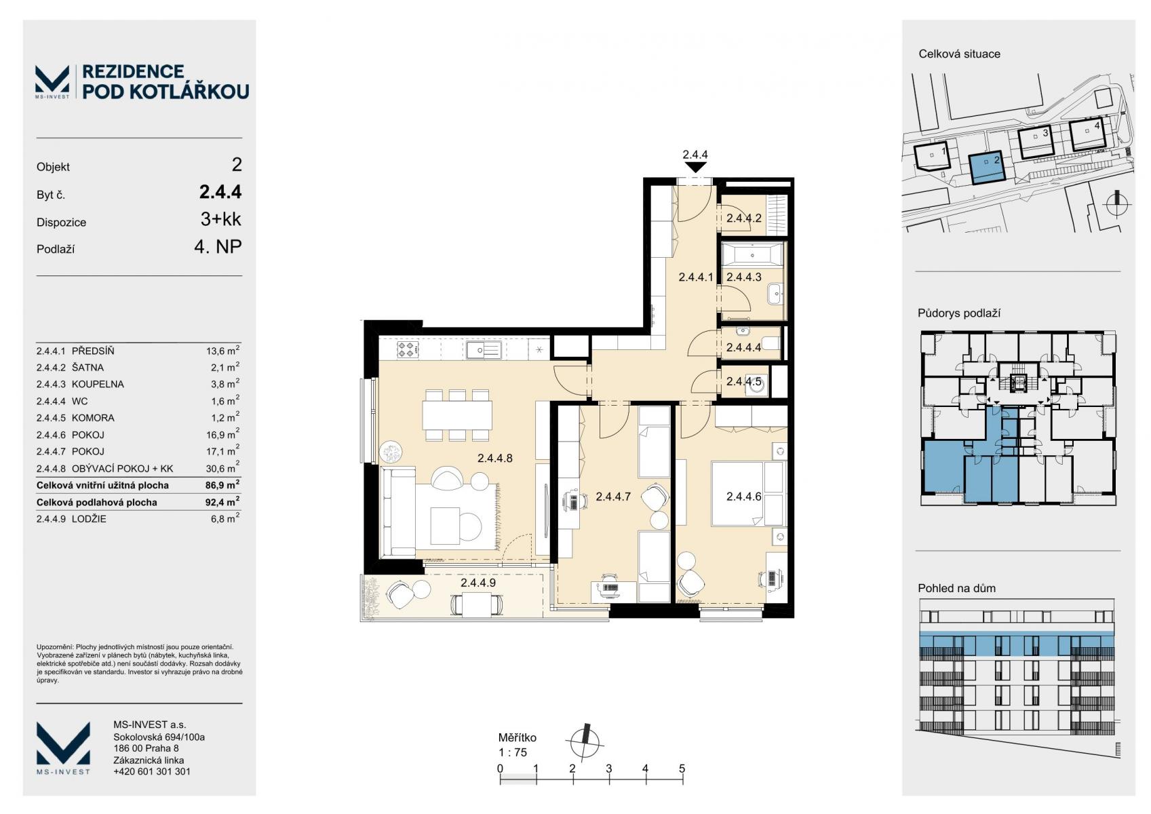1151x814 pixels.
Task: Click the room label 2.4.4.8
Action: pyautogui.click(x=495, y=458)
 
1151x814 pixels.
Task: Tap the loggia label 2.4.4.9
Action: pyautogui.click(x=478, y=582)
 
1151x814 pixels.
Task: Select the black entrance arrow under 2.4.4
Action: pyautogui.click(x=695, y=167)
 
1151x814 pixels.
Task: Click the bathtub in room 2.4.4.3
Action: pyautogui.click(x=753, y=255)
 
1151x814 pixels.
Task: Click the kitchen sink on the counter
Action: pyautogui.click(x=484, y=350)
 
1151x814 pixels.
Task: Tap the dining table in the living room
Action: pyautogui.click(x=457, y=414)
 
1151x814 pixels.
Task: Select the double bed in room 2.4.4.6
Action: pyautogui.click(x=749, y=493)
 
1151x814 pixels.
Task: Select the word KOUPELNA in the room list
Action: pyautogui.click(x=98, y=384)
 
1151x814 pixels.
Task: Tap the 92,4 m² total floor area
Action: pyautogui.click(x=222, y=501)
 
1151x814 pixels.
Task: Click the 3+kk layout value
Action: pyautogui.click(x=220, y=219)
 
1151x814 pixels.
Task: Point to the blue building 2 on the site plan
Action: pyautogui.click(x=987, y=168)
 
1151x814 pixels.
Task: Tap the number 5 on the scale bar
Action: pyautogui.click(x=682, y=769)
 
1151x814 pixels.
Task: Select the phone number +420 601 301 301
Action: pyautogui.click(x=151, y=771)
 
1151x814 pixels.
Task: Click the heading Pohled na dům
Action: pyautogui.click(x=956, y=588)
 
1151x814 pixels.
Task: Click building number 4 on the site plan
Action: pyautogui.click(x=1097, y=125)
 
